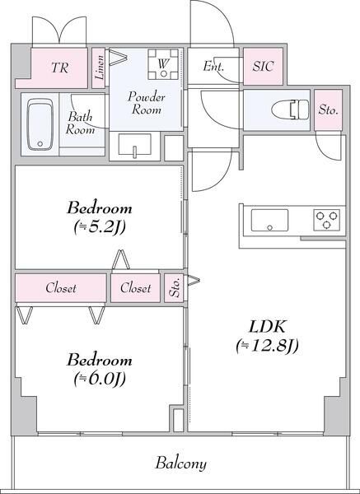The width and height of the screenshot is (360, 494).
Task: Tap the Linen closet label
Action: [100, 70]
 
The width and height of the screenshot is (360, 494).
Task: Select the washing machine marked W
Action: [164, 66]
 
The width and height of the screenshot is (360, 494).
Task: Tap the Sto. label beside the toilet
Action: [328, 110]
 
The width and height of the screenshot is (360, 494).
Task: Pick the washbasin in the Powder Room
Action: [134, 147]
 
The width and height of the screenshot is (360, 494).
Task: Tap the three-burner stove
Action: [325, 221]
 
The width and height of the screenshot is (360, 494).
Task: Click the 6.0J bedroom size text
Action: [100, 380]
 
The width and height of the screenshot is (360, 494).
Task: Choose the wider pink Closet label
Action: [59, 288]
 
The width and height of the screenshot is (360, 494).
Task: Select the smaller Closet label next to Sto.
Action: [136, 288]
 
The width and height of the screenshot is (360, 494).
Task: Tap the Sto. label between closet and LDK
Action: [175, 288]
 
